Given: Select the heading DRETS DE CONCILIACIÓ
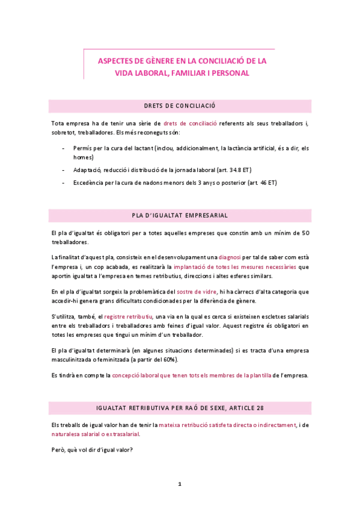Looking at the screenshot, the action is tap(180, 106).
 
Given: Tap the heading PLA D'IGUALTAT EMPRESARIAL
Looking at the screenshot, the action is tap(180, 215).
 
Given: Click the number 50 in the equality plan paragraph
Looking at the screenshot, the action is tap(305, 233).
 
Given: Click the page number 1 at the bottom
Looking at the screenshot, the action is tap(180, 484).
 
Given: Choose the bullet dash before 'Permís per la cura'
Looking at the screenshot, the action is tap(64, 148).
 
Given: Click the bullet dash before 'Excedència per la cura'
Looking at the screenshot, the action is tap(64, 182).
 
